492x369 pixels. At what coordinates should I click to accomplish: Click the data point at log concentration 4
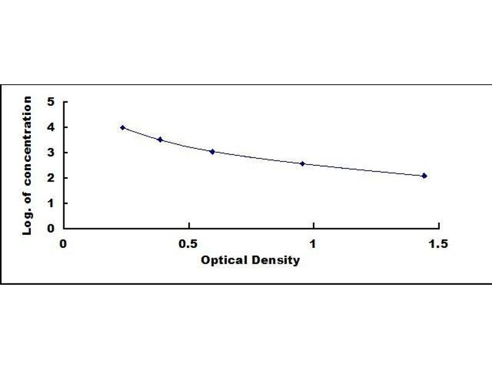[x=123, y=127]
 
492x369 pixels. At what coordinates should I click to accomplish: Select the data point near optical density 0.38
[x=160, y=140]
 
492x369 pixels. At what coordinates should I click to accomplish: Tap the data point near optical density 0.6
[x=212, y=151]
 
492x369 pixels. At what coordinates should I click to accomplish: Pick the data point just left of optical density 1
[x=303, y=164]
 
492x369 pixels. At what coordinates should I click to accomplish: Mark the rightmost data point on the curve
[x=424, y=176]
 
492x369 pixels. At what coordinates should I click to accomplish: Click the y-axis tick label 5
[x=51, y=102]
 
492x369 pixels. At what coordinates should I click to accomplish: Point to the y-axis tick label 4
[x=51, y=127]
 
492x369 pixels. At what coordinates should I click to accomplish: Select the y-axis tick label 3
[x=51, y=153]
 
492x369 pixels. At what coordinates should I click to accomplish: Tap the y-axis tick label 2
[x=51, y=178]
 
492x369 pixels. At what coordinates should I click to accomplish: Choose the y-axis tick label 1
[x=51, y=203]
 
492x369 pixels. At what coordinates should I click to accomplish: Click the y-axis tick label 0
[x=51, y=228]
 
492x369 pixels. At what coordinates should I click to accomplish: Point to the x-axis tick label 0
[x=63, y=244]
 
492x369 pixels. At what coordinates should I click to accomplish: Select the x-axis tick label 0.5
[x=189, y=244]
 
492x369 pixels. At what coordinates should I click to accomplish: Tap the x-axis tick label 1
[x=314, y=244]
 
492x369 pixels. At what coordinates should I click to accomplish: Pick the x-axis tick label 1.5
[x=438, y=244]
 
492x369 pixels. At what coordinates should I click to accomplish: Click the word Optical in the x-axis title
[x=224, y=260]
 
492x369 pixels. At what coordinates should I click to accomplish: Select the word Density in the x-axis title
[x=276, y=260]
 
